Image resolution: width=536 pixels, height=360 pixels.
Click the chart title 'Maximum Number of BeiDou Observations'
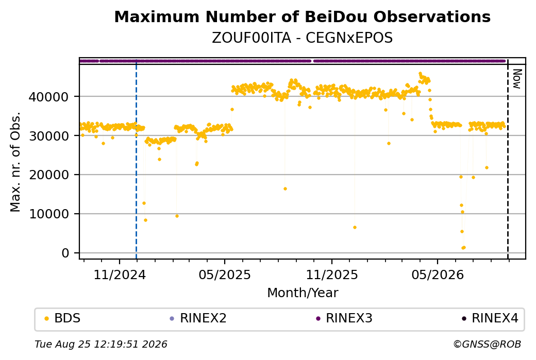point(302,16)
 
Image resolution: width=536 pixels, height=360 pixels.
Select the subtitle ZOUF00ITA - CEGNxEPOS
point(302,38)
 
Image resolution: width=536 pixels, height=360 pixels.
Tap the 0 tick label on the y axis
point(65,253)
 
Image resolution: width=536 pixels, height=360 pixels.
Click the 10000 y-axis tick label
point(49,214)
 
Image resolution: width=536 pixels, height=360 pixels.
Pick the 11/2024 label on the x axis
point(120,275)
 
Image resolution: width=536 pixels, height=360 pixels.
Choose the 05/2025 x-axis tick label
point(225,275)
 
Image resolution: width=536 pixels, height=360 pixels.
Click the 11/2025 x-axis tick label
point(331,275)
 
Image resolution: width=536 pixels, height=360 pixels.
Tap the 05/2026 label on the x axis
point(438,275)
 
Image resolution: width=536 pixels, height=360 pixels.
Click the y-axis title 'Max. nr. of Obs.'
point(15,162)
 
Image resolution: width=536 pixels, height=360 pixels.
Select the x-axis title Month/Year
point(303,293)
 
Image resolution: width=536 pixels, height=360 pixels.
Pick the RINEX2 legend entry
point(198,318)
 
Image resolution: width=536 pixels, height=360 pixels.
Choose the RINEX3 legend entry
point(344,318)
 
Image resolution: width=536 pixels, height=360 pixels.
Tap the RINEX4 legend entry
point(490,318)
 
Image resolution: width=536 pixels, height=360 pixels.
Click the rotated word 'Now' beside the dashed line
point(517,79)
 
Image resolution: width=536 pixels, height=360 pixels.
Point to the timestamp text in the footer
point(101,344)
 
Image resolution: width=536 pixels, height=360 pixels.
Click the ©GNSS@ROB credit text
point(487,344)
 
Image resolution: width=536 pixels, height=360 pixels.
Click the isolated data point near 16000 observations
point(285,189)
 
